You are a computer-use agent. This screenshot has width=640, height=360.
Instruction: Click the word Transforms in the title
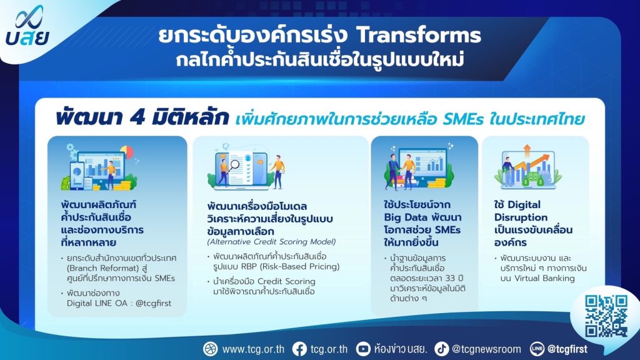pos(419,35)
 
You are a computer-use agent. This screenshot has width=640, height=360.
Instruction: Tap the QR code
pos(606,316)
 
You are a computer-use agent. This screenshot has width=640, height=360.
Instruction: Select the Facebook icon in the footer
pos(299,349)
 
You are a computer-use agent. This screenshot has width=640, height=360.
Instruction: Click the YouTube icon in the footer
pos(363,349)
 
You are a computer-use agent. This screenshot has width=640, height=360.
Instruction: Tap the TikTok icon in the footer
pos(441,349)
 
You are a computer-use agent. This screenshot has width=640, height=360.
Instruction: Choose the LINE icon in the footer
pos(537,349)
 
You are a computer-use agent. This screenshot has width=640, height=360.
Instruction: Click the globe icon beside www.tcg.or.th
pos(211,349)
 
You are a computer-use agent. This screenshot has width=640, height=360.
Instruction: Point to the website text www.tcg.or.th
pos(253,349)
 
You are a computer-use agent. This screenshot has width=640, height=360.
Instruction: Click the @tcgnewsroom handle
pos(486,349)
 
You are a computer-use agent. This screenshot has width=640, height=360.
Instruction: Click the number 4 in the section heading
pos(136,118)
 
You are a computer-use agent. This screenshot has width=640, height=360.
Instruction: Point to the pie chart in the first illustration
pos(127,152)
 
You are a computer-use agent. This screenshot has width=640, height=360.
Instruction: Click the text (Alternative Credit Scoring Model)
pos(271,242)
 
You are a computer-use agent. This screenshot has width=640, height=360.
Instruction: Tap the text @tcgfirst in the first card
pos(154,303)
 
